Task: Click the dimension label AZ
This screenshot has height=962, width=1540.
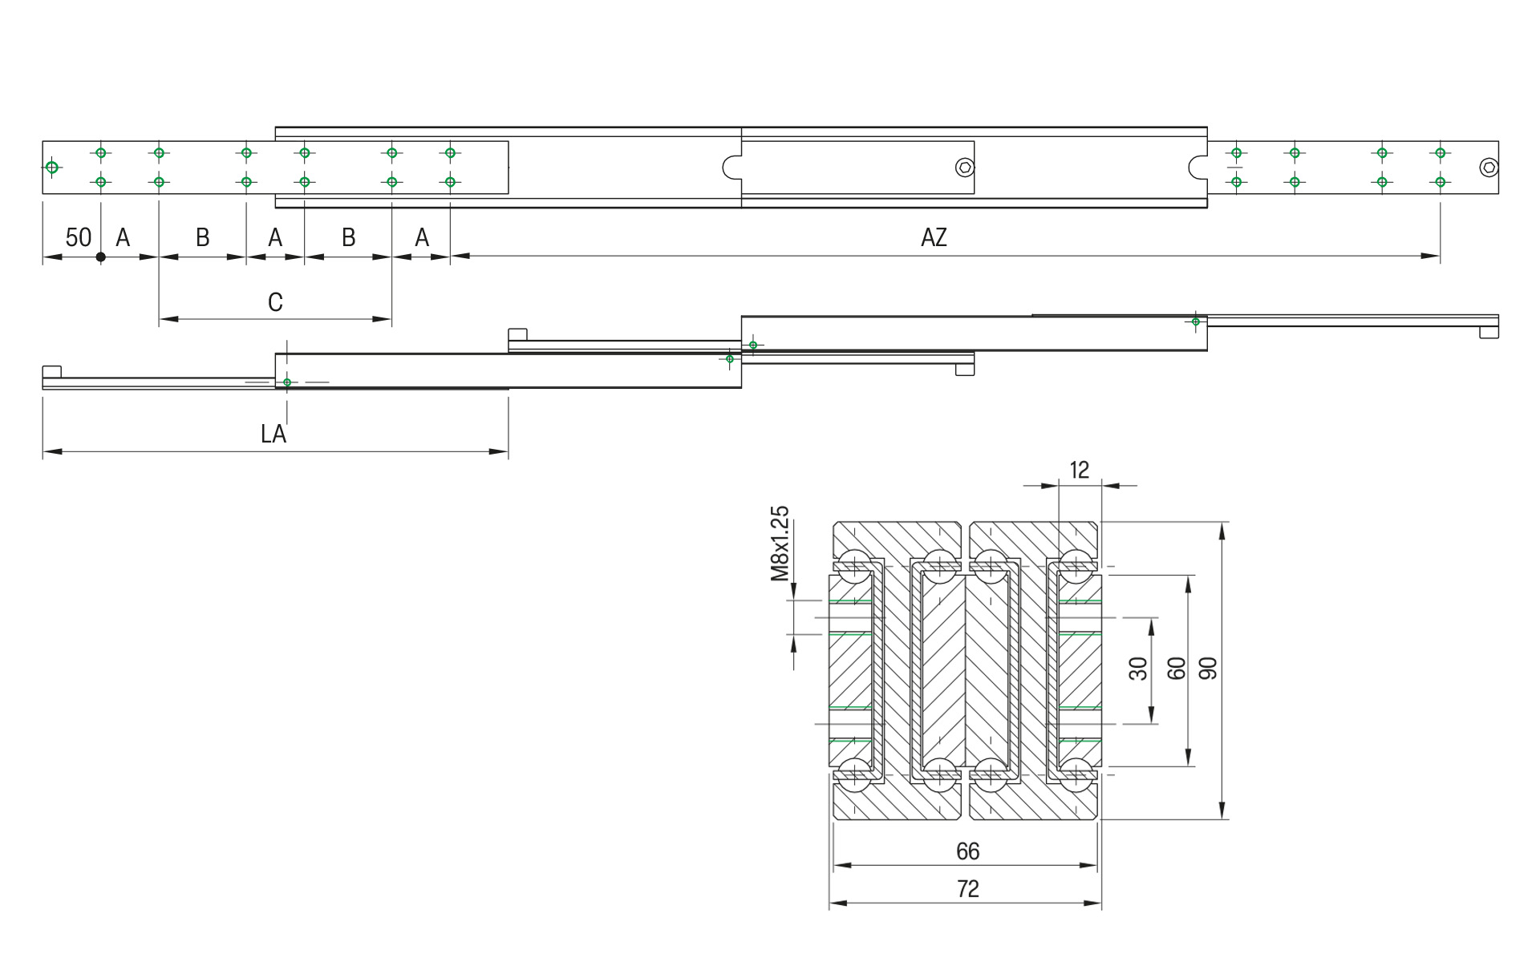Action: tap(934, 237)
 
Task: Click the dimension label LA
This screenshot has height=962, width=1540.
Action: tap(273, 435)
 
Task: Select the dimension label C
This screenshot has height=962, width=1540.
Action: tap(275, 302)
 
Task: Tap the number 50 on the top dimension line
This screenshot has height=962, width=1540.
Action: tap(78, 237)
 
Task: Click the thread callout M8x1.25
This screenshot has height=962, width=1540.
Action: tap(780, 543)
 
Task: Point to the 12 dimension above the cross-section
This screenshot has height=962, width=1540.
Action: tap(1079, 471)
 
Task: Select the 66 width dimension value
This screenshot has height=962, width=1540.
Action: tap(967, 851)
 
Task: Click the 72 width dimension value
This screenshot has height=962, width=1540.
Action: tap(967, 889)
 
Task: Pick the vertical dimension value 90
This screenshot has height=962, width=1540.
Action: tap(1208, 669)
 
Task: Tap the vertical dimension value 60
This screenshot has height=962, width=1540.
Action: tap(1176, 669)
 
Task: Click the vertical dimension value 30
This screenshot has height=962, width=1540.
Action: tap(1138, 669)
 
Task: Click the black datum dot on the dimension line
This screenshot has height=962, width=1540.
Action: tap(100, 257)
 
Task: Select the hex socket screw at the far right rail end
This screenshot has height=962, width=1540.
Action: tap(1489, 168)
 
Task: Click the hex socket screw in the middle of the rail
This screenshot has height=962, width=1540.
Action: tap(965, 168)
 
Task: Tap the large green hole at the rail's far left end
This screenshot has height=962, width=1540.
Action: tap(52, 168)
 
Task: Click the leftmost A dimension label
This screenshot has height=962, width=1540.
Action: tap(123, 237)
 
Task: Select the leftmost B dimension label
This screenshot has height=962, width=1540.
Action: tap(202, 237)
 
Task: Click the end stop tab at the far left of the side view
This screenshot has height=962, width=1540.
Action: tap(51, 371)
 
